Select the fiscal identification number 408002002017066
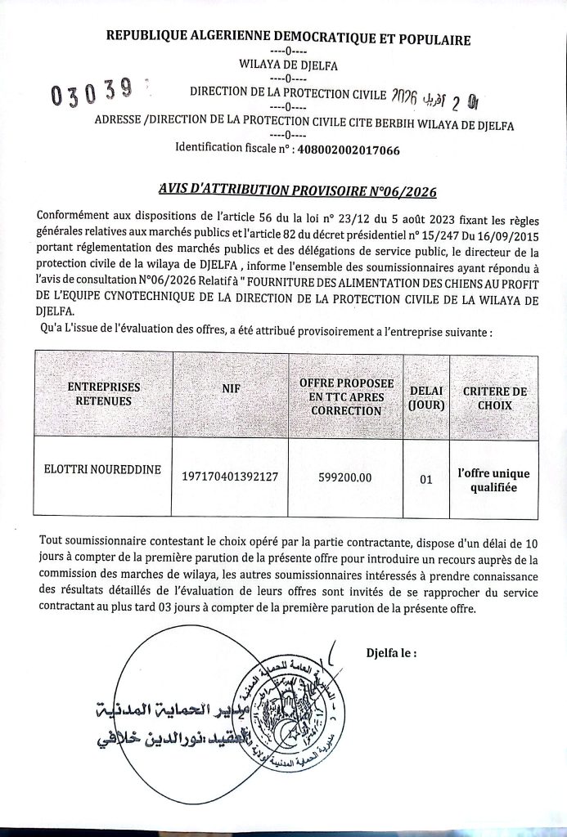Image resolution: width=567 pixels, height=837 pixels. [347, 149]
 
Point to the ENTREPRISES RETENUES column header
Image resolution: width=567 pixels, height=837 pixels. [103, 394]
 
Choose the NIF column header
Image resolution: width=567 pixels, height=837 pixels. [230, 390]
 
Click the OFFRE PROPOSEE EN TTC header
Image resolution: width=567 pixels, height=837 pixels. [346, 396]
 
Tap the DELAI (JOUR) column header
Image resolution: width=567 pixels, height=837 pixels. [425, 397]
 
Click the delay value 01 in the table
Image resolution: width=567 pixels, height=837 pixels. [425, 481]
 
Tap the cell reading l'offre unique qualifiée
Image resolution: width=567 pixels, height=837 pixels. [493, 479]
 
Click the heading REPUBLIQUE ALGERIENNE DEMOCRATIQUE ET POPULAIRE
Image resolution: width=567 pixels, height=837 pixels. [289, 38]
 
